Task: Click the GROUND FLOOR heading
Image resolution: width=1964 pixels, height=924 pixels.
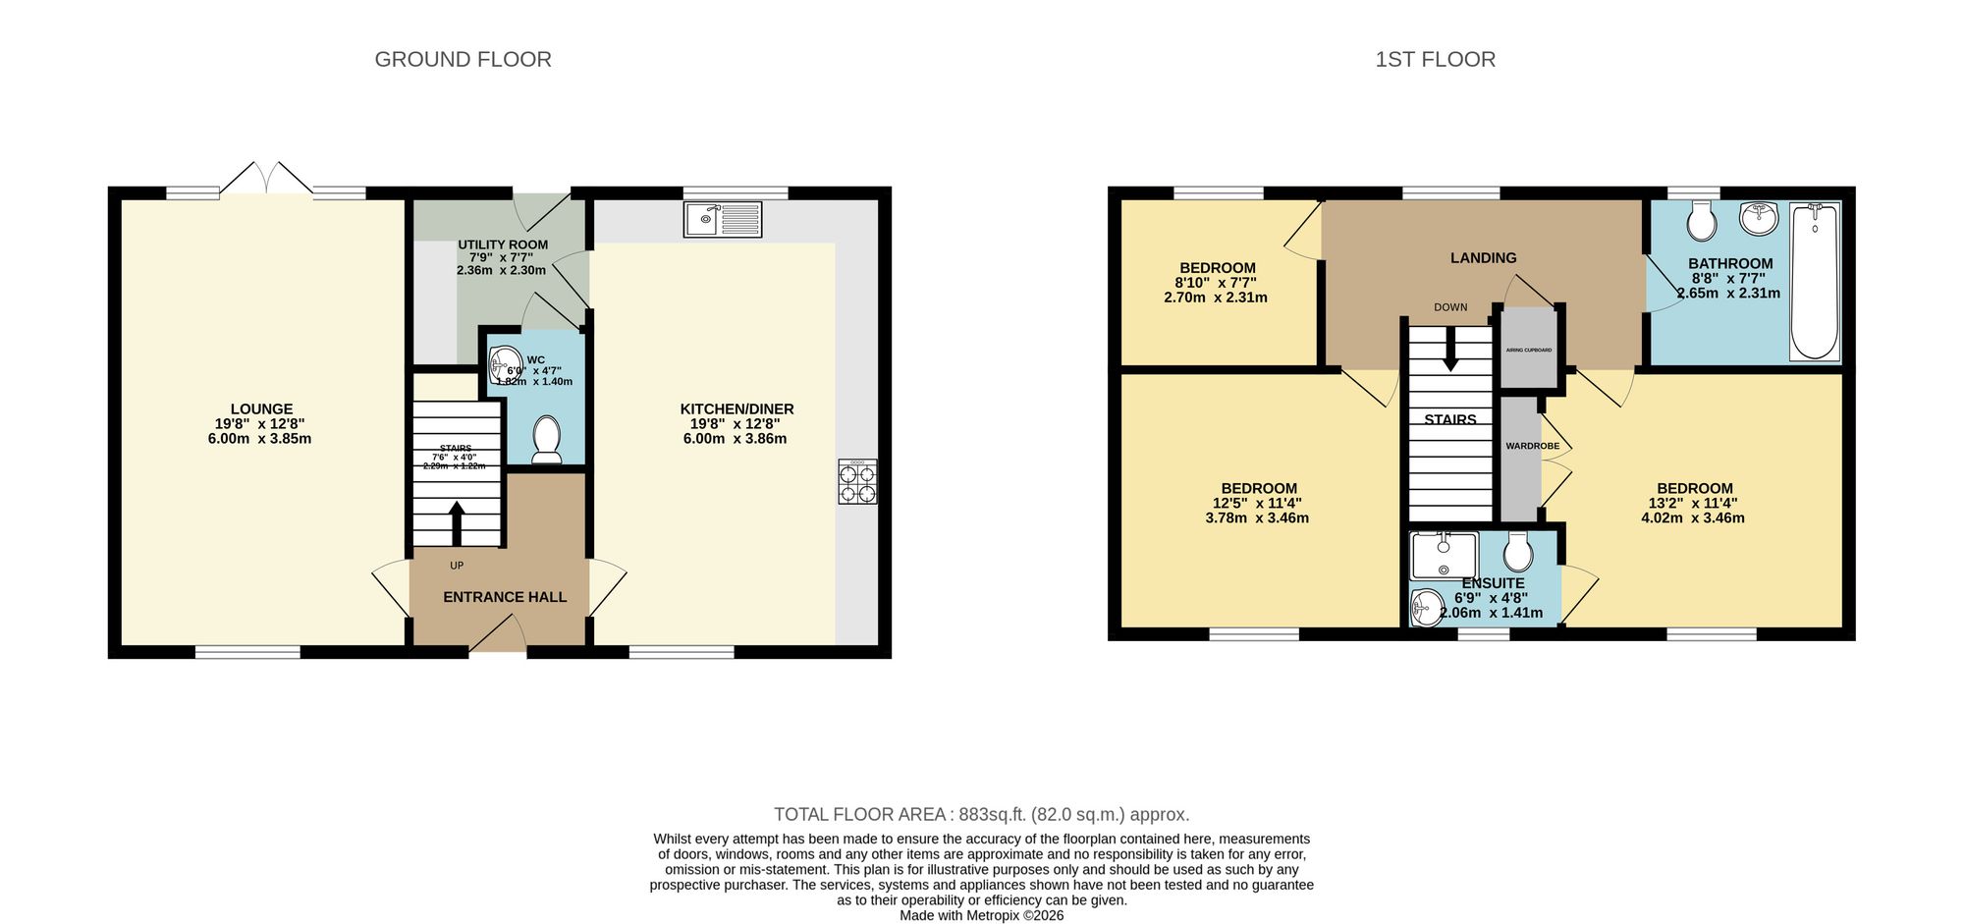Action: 463,60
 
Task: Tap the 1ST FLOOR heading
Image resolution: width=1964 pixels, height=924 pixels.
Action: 1435,60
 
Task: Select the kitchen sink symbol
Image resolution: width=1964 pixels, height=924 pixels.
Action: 723,219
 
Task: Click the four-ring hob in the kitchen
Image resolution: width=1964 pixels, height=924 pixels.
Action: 857,482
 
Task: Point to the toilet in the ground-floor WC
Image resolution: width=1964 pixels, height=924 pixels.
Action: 545,439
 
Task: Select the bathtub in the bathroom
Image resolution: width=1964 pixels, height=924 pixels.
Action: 1814,281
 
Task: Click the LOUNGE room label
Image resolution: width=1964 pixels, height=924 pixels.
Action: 261,409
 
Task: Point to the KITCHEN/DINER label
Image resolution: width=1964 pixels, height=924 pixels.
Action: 736,409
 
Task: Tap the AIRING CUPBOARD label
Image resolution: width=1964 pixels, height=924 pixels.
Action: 1529,350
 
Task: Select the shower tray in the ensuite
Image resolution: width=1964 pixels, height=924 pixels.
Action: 1444,556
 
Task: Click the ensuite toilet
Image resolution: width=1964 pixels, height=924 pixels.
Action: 1517,553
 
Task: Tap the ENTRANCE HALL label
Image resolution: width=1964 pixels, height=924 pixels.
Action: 505,597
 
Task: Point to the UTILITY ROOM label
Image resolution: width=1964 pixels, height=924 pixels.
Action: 503,245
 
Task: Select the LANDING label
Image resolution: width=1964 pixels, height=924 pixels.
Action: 1483,257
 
